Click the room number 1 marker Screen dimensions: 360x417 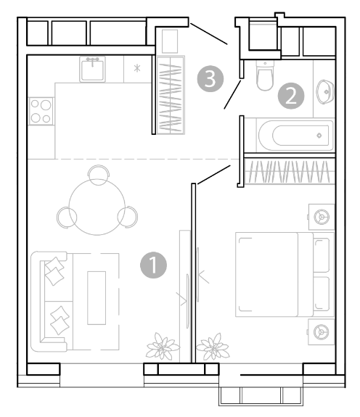point(154,265)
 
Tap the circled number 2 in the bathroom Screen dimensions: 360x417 point(291,96)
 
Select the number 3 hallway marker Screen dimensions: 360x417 point(210,79)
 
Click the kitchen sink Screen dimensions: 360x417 point(92,69)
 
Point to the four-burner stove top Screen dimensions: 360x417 point(41,111)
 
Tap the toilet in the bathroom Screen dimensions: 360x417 point(265,75)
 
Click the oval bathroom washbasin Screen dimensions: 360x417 point(325,92)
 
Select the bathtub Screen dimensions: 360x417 point(296,136)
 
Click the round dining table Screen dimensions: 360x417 point(97,207)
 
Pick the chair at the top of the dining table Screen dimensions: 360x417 point(98,174)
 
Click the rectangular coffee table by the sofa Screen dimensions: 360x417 point(97,298)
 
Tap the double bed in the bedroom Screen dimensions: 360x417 point(285,274)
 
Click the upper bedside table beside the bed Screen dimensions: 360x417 point(321,217)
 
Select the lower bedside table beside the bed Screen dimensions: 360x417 point(321,332)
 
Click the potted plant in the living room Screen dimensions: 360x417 point(163,347)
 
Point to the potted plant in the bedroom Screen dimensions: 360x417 point(213,347)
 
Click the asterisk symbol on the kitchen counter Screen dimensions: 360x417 point(137,69)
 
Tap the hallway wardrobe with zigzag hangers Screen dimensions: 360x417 point(171,95)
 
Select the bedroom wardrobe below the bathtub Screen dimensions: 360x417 point(290,170)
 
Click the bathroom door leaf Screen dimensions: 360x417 point(232,94)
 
